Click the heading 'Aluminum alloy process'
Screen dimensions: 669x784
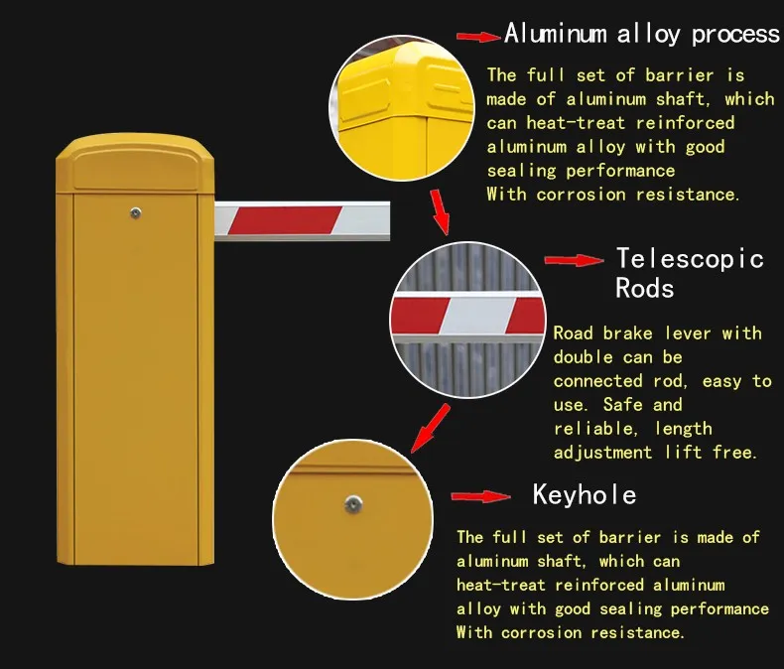(x=641, y=35)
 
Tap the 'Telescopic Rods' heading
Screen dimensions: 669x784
(x=689, y=273)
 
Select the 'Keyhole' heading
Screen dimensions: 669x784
(x=585, y=494)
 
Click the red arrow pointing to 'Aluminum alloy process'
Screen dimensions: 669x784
(x=478, y=37)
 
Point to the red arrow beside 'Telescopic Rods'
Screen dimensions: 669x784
(x=575, y=260)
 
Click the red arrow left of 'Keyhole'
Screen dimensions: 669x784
(x=480, y=496)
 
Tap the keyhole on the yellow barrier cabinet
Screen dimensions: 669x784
(x=135, y=211)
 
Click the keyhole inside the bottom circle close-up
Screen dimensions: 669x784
(x=352, y=504)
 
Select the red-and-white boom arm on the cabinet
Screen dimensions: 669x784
(x=302, y=218)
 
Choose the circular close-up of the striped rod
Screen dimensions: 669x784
(x=468, y=316)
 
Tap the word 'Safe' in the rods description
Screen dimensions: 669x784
(x=622, y=405)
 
